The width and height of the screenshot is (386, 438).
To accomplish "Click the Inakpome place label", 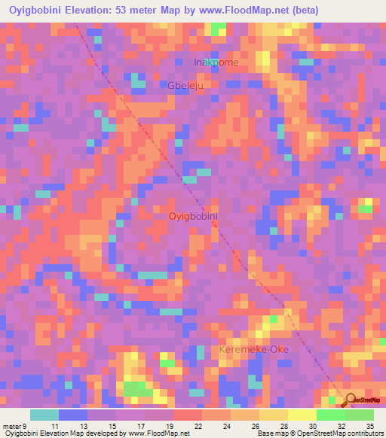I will (216, 62).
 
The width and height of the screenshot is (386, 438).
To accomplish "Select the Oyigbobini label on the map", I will (193, 216).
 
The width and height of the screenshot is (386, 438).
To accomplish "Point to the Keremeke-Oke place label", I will (253, 351).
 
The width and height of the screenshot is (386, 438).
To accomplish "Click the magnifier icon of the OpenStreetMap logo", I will (351, 400).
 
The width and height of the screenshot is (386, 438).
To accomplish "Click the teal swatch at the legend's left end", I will (44, 415).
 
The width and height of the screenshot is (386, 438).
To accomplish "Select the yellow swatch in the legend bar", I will (302, 415).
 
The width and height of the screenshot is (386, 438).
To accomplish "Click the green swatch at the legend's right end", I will (359, 415).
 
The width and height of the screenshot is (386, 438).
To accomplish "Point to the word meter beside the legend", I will (12, 425).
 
